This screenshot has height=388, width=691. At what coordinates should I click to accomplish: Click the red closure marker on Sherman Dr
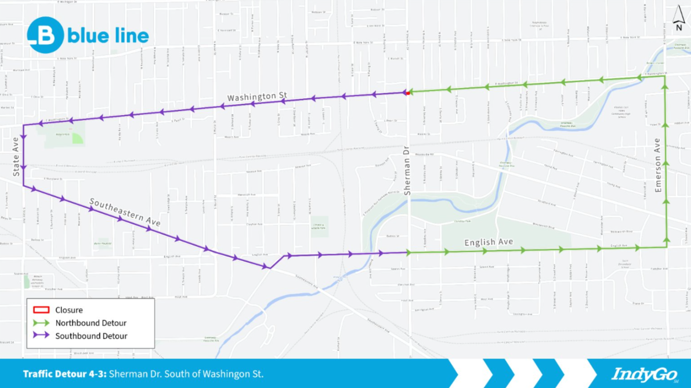coord(408,93)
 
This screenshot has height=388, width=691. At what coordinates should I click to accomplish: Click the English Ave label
coord(489,242)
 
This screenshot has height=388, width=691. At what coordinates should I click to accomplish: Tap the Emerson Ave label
coord(658,165)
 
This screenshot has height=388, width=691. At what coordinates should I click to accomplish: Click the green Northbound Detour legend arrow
coord(41,323)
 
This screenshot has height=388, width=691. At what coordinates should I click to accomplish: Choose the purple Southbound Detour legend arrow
coord(41,336)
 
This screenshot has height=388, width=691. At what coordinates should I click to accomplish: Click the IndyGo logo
coord(644,374)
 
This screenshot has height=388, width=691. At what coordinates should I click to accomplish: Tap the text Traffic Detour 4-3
coord(64,374)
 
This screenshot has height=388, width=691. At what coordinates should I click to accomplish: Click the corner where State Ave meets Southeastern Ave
coord(23,185)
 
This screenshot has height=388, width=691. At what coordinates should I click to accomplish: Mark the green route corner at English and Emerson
coord(666,247)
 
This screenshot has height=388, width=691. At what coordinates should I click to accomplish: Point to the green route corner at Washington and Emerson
coord(665,76)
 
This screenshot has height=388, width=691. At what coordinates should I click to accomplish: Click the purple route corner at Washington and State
coord(23,125)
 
